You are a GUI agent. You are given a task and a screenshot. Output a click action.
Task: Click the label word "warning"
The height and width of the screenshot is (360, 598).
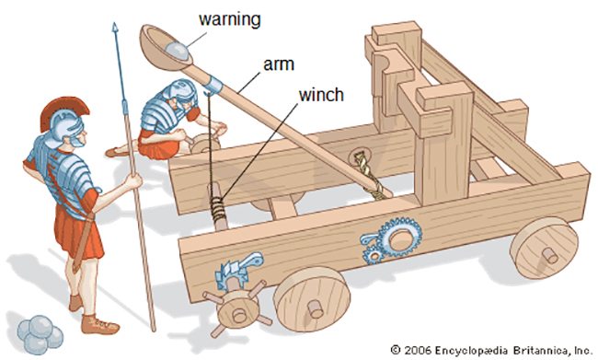(x=230, y=19)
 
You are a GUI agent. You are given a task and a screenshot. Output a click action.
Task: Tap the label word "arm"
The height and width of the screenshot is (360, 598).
(x=279, y=64)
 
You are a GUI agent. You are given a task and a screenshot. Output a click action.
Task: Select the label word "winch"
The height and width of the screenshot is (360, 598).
(x=321, y=95)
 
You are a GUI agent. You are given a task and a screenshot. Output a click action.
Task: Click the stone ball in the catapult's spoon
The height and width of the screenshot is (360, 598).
(x=177, y=52)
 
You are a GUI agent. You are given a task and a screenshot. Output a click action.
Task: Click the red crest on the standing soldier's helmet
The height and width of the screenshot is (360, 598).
(x=64, y=109)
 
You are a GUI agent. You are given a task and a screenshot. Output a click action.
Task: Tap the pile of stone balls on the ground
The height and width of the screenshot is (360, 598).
(x=40, y=334)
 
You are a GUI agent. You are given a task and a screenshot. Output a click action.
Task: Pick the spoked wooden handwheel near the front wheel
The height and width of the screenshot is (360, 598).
(x=237, y=310)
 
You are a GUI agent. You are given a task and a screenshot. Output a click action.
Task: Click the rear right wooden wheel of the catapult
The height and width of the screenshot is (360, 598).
(x=545, y=249)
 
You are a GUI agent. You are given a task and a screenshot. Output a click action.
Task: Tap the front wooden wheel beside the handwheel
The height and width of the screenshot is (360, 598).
(x=312, y=299)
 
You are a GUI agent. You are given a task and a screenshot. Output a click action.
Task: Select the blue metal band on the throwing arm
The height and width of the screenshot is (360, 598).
(x=214, y=85)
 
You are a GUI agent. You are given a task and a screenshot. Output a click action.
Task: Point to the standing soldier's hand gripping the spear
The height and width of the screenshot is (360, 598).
(x=134, y=180)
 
